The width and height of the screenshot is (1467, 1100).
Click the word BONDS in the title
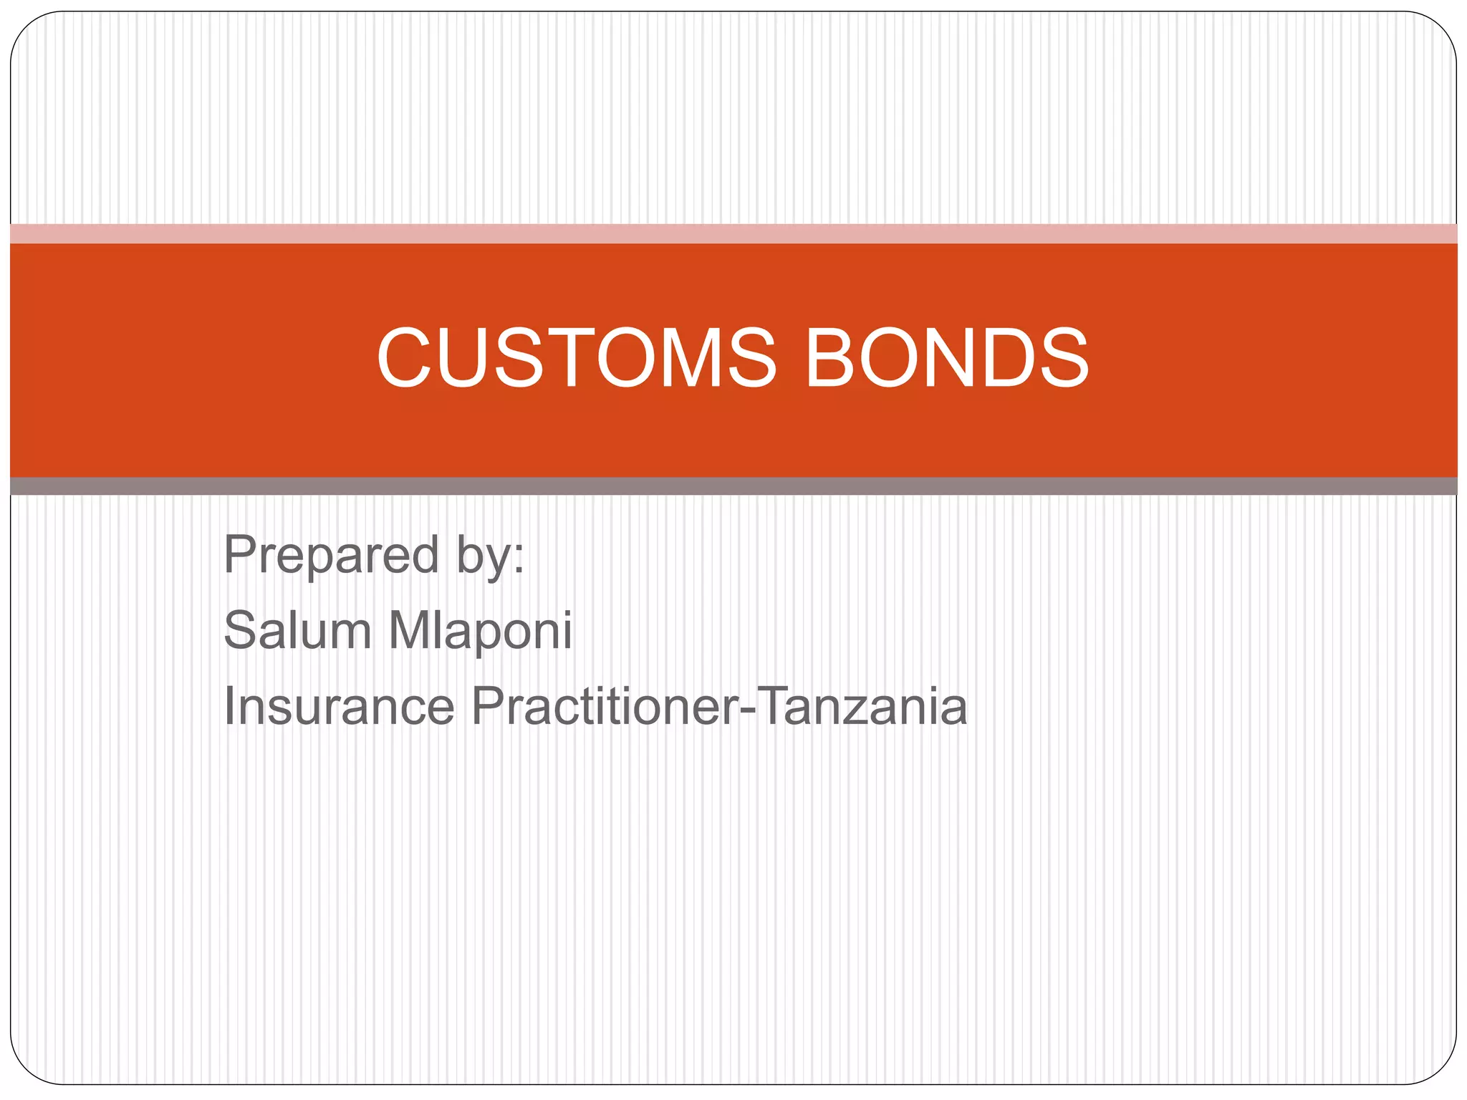coord(947,358)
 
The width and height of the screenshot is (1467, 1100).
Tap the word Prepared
coord(331,555)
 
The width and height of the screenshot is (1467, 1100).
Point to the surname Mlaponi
coord(480,630)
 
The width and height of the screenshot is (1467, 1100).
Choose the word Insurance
coord(339,706)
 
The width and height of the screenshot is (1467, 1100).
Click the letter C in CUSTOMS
coord(407,358)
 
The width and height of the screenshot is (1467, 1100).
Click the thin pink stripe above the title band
coord(733,233)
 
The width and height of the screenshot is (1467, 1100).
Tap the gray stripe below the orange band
coord(733,486)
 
